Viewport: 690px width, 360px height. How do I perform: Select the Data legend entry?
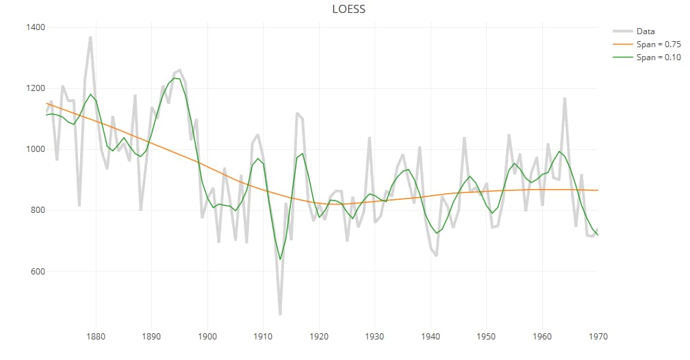coord(645,31)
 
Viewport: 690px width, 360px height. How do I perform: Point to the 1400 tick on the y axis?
coord(36,27)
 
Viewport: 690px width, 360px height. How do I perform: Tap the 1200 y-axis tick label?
coord(36,88)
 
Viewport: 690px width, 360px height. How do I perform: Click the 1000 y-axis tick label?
coord(36,149)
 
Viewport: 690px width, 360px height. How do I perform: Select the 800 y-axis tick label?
coord(38,210)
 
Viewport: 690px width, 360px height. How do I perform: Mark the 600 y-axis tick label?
coord(38,272)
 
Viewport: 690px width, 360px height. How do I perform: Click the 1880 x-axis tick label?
coord(96,337)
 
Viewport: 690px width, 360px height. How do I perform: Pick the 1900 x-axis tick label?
coord(207,337)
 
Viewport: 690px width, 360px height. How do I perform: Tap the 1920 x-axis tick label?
coord(319,337)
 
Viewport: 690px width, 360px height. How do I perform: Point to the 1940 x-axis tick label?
coord(431,337)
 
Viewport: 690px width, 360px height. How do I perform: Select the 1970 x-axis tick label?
coord(598,337)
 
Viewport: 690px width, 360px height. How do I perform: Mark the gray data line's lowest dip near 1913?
coord(280,314)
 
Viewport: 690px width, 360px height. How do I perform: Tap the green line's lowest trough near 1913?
coord(280,259)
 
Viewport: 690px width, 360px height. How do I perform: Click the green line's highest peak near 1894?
coord(175,78)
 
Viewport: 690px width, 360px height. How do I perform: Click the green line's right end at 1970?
coord(598,235)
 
